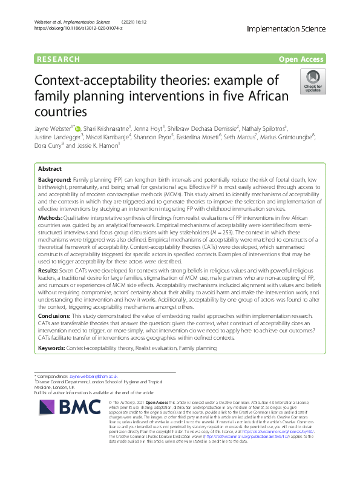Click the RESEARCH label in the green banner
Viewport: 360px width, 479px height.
point(58,59)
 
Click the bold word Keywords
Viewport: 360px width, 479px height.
point(51,349)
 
